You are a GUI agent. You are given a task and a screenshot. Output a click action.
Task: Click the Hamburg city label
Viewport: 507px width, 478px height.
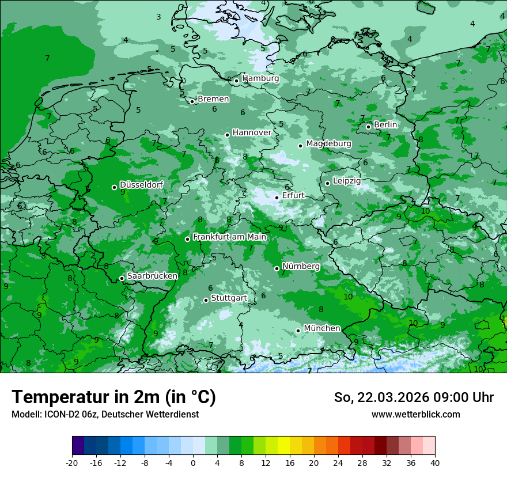(260, 78)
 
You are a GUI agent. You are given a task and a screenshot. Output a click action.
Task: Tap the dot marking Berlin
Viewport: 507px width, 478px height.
(369, 127)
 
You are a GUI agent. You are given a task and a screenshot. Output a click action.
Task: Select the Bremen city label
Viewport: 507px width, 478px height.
(213, 99)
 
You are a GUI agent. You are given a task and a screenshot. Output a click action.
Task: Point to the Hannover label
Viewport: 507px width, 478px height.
(252, 132)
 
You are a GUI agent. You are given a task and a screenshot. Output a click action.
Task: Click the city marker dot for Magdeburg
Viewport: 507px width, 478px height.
(301, 146)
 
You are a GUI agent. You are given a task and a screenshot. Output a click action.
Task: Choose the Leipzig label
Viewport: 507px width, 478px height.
(347, 181)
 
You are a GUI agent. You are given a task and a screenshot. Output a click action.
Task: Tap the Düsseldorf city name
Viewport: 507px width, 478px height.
(141, 185)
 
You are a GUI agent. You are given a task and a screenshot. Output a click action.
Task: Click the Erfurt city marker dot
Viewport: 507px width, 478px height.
(277, 198)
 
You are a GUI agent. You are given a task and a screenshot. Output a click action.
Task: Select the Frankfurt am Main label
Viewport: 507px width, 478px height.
(229, 237)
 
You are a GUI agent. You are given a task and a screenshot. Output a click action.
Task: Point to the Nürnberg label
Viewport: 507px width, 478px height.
(301, 267)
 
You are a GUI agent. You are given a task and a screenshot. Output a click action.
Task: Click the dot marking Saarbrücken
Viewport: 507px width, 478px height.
(122, 279)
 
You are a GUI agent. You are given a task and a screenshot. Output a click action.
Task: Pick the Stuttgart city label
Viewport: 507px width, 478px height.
(229, 298)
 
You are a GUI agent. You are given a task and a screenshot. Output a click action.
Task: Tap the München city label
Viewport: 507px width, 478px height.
(321, 328)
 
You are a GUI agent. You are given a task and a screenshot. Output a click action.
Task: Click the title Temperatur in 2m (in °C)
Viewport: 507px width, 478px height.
(113, 397)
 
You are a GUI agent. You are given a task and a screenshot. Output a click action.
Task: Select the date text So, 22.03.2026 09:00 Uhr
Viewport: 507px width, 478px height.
(414, 397)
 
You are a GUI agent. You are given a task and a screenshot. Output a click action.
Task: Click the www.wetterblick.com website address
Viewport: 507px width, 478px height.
(415, 415)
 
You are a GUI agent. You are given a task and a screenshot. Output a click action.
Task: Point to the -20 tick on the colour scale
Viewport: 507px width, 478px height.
(72, 462)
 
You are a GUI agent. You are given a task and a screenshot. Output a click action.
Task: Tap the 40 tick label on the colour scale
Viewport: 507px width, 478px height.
(434, 462)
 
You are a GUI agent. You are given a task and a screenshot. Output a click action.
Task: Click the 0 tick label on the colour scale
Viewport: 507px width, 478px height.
(193, 462)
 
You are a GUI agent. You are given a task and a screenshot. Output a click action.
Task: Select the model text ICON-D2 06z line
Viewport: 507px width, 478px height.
(105, 415)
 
